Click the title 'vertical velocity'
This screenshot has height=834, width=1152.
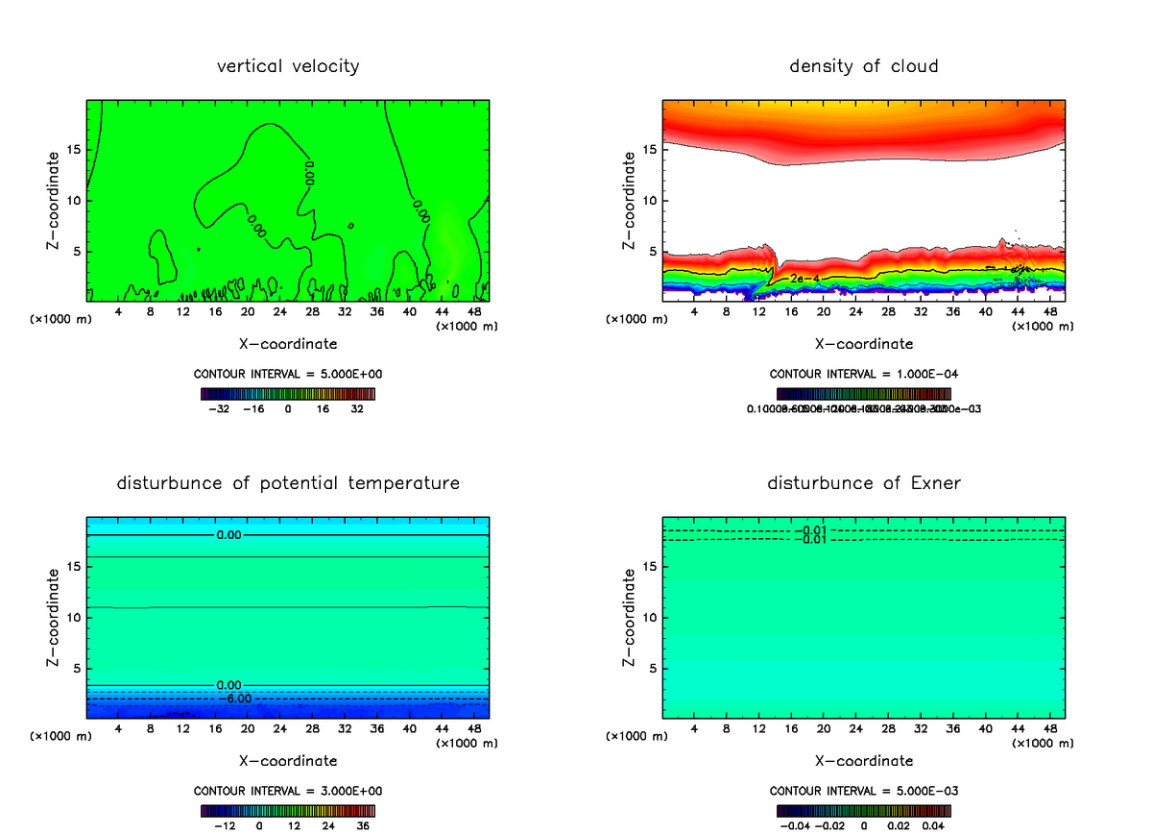click(x=288, y=66)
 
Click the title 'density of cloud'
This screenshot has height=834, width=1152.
click(x=864, y=66)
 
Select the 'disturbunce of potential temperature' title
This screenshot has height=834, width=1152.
click(x=288, y=482)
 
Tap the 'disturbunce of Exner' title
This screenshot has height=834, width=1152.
click(x=864, y=482)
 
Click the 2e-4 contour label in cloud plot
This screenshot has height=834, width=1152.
click(x=804, y=279)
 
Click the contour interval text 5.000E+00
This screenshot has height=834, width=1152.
click(x=288, y=374)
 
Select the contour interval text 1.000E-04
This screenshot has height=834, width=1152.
click(x=864, y=374)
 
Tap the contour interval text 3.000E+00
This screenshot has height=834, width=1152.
click(x=288, y=791)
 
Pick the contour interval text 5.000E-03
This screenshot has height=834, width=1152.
click(x=864, y=791)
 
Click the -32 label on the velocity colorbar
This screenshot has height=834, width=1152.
click(x=219, y=408)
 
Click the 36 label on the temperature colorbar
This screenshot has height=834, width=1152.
click(x=362, y=824)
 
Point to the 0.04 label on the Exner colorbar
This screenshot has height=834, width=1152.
click(x=933, y=824)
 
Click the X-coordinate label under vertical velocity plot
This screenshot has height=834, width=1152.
click(x=288, y=343)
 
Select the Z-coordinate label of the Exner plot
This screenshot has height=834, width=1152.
click(x=629, y=618)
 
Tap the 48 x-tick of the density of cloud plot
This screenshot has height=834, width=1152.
click(x=1050, y=312)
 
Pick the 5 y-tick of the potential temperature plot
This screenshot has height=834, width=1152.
click(x=76, y=668)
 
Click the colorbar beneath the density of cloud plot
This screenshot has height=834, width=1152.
click(x=864, y=394)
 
